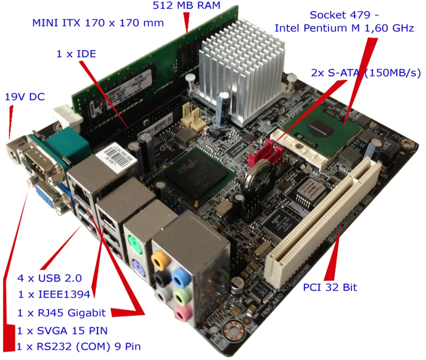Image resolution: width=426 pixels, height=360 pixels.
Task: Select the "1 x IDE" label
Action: [x=76, y=54]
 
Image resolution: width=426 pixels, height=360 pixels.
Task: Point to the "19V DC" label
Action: [x=24, y=96]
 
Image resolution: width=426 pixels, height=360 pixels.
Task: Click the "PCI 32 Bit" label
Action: [x=330, y=287]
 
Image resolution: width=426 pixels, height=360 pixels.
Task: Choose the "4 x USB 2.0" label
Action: [x=49, y=278]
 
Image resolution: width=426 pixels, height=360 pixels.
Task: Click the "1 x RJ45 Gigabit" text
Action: [x=62, y=313]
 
